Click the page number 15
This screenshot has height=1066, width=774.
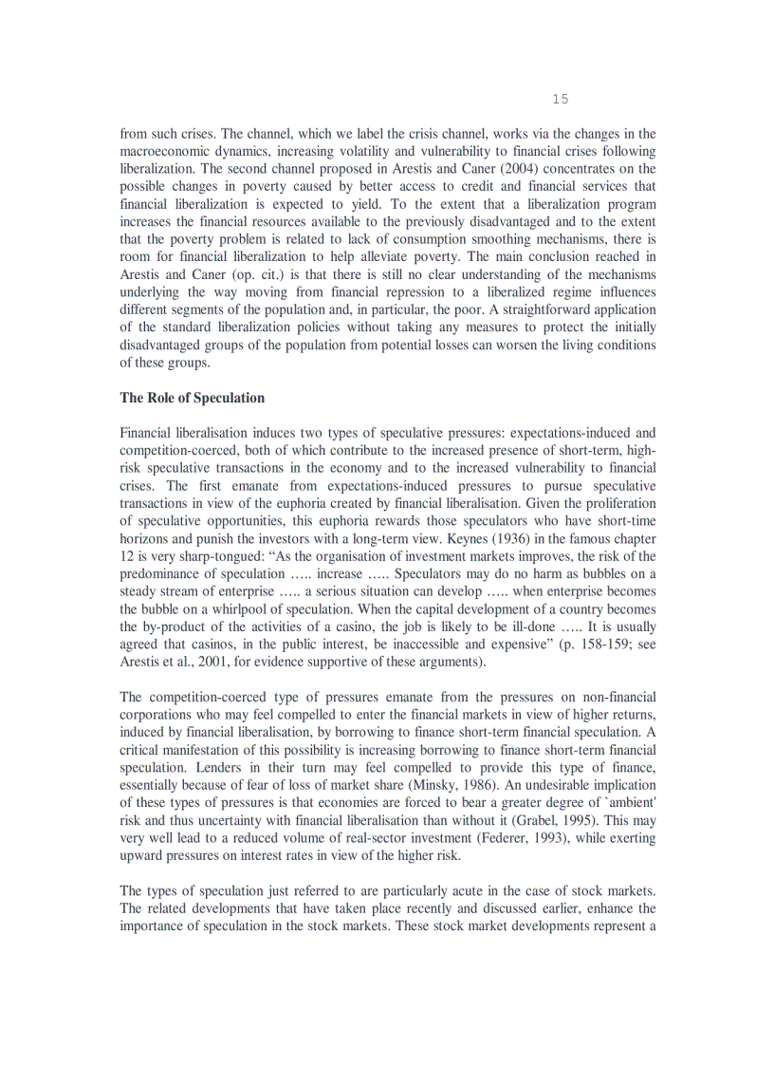pyautogui.click(x=560, y=100)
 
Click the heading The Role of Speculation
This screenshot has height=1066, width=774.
pyautogui.click(x=193, y=398)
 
